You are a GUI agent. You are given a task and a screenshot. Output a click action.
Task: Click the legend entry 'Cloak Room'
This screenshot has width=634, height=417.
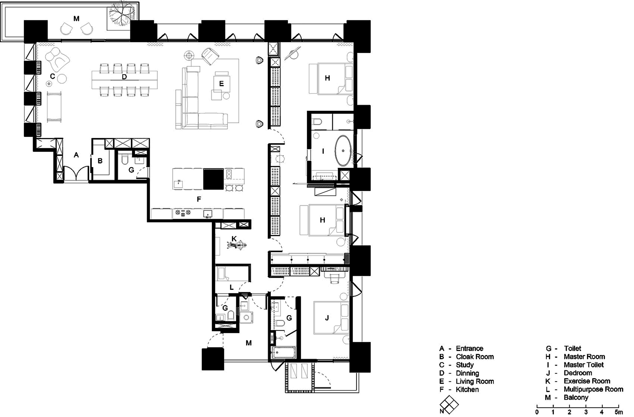click(475, 357)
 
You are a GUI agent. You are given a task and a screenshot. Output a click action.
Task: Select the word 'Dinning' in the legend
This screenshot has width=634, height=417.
click(467, 373)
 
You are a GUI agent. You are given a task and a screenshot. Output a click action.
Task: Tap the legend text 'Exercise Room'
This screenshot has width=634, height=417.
click(587, 381)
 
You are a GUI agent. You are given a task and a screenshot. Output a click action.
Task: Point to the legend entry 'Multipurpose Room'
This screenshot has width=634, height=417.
click(593, 389)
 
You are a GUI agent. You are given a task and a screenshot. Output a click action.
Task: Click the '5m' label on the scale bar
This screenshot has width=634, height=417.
click(618, 412)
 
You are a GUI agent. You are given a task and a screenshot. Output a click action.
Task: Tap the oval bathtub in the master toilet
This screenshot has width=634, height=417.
click(343, 151)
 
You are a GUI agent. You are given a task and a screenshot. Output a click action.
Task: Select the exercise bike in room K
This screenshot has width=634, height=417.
click(237, 245)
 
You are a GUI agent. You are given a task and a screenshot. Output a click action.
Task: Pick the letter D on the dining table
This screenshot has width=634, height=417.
click(124, 77)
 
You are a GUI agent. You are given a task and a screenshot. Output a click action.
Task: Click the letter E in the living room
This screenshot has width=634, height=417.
click(221, 84)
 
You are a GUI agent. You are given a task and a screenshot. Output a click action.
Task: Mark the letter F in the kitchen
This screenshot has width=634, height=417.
click(199, 199)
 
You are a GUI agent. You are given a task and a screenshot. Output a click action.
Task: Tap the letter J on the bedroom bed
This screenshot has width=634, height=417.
click(327, 318)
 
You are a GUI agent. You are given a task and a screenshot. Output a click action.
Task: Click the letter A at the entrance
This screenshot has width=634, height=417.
click(76, 155)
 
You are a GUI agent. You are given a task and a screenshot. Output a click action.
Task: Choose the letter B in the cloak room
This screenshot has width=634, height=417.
click(100, 161)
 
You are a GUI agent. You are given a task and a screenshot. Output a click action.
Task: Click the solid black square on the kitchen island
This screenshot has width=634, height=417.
click(213, 179)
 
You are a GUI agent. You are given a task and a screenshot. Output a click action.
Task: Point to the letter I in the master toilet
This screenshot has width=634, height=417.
click(323, 151)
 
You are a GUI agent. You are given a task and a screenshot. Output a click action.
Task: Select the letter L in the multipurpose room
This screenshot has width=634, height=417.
click(231, 287)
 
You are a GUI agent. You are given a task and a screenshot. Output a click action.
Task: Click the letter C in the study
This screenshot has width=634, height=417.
click(53, 76)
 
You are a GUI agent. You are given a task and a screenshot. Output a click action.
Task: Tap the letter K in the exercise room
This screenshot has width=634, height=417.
click(234, 238)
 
